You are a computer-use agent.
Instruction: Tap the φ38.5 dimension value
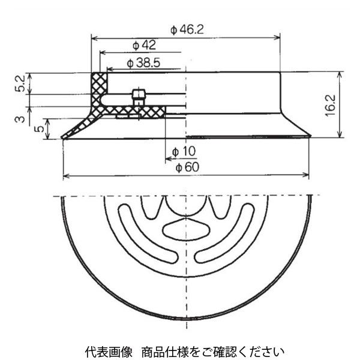[x=143, y=62]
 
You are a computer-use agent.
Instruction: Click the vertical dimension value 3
[x=21, y=119]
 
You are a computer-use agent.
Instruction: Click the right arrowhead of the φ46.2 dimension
[x=277, y=37]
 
